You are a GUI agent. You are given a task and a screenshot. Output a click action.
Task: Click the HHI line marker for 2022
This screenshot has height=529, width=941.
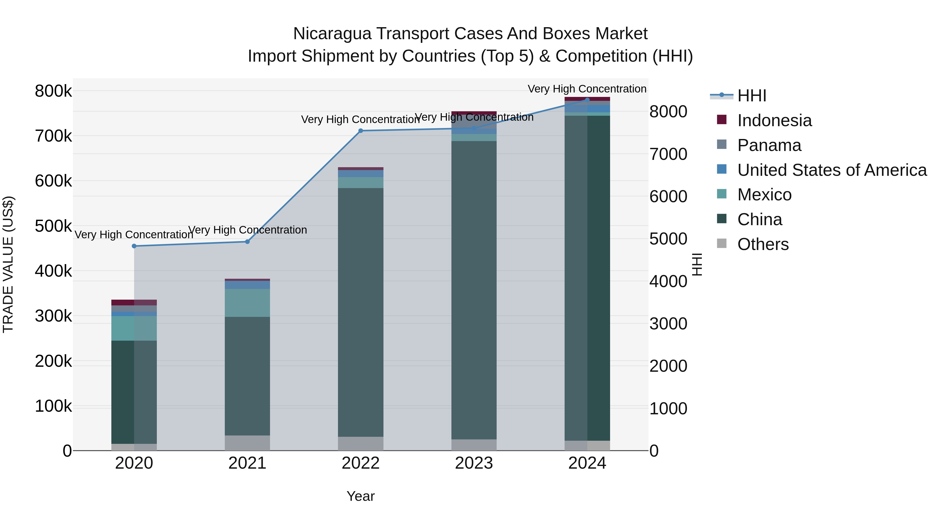[360, 131]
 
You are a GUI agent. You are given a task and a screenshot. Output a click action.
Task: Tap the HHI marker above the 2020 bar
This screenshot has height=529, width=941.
[134, 246]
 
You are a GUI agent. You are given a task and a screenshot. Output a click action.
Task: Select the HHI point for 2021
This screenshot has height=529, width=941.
[247, 242]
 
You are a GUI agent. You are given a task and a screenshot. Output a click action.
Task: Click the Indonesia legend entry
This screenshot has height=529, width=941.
[774, 120]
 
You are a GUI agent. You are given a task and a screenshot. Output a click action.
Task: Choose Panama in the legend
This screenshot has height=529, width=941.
[769, 145]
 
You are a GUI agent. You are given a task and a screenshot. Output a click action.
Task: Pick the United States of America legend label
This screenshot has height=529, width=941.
[832, 170]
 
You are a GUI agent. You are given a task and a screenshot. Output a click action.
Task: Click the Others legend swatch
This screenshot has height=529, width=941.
[722, 243]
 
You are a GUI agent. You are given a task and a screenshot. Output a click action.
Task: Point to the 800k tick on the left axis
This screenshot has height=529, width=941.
[53, 91]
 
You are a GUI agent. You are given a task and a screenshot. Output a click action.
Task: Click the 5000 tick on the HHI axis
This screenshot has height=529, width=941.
[668, 239]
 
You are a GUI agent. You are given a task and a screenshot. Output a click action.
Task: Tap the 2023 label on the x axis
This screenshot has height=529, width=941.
[474, 463]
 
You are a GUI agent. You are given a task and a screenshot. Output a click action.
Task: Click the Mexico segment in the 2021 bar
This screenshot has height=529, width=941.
[247, 303]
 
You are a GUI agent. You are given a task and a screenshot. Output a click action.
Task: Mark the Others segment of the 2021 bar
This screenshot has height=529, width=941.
[247, 443]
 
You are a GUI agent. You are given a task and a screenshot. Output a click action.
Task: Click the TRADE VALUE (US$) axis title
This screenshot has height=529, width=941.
[8, 264]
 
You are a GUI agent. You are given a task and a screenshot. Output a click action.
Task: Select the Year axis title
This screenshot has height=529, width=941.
[360, 496]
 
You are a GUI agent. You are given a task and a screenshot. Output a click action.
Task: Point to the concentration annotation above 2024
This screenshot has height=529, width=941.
[587, 89]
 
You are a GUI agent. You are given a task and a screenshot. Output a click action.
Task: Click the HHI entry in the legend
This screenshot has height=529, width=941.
[752, 96]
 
